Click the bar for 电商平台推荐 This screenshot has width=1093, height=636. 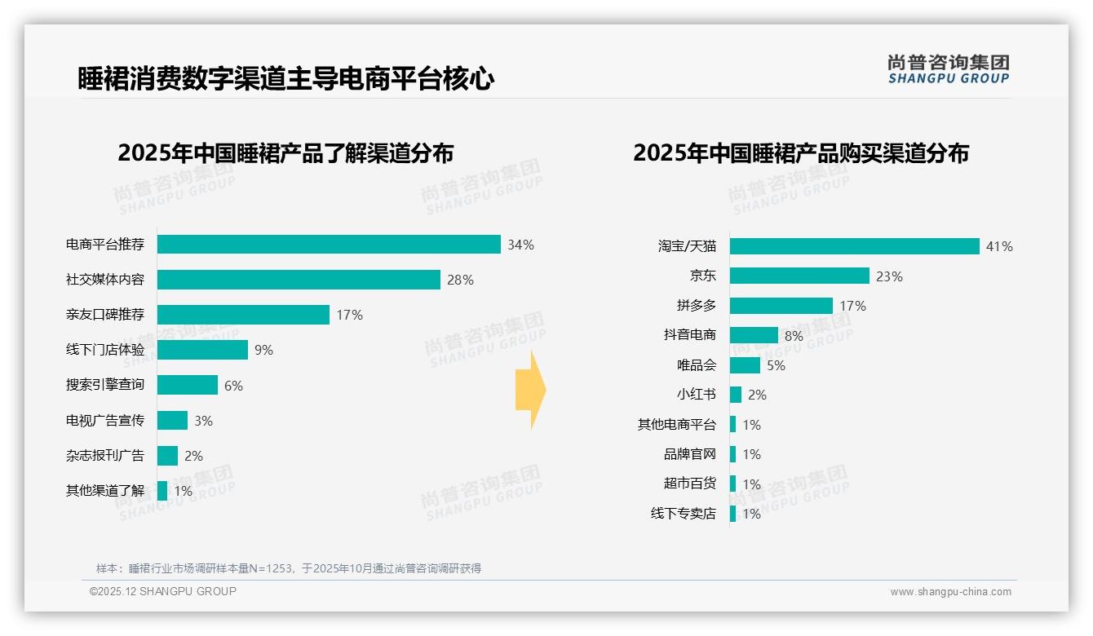tap(329, 245)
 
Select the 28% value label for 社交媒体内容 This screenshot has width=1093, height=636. tap(460, 280)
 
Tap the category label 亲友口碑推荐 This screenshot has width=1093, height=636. tap(105, 315)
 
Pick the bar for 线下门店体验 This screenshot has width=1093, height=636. tap(202, 350)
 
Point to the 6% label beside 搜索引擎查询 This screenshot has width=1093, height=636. tap(233, 386)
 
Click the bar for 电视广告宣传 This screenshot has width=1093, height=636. tap(172, 421)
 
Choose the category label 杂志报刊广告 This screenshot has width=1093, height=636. tap(105, 456)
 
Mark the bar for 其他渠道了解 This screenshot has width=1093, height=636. tap(162, 491)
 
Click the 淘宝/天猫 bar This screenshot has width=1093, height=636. tap(854, 246)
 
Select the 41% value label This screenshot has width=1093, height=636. tap(999, 246)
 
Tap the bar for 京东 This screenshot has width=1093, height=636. tap(799, 276)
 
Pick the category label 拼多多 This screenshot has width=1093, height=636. tap(697, 306)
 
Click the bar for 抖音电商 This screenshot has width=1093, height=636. tap(754, 335)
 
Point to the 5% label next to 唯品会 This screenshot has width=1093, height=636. tap(776, 365)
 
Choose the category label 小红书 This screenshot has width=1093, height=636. tap(697, 395)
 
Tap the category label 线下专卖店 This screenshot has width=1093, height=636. tap(684, 514)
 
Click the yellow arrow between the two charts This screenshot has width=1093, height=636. tap(531, 391)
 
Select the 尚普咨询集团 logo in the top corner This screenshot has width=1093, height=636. tap(949, 69)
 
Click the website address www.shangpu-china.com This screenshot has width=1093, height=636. tap(950, 592)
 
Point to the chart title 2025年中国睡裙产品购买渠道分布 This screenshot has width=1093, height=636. tap(800, 153)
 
